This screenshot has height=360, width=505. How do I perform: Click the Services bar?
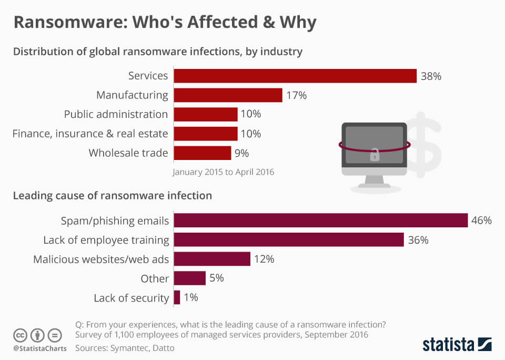[295, 76]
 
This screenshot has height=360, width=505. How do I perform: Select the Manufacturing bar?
[228, 95]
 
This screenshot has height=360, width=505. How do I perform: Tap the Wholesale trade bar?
[202, 153]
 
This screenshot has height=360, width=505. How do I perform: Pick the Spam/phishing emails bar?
[320, 221]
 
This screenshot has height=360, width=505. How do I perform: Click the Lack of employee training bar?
[288, 240]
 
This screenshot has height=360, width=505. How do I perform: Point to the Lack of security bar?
[177, 298]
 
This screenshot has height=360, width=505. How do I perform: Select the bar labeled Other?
[189, 278]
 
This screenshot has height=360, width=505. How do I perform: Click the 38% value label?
[431, 76]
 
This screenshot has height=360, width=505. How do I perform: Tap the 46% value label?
[481, 221]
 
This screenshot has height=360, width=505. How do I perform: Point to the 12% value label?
[264, 259]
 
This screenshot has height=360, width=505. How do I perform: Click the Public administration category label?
[116, 114]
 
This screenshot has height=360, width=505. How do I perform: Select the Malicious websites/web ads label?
[101, 259]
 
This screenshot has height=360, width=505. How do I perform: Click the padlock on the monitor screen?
[375, 154]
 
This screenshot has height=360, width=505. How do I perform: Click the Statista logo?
[457, 345]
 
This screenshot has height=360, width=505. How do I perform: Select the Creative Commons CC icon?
[20, 335]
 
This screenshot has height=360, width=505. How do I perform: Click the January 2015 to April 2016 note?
[224, 172]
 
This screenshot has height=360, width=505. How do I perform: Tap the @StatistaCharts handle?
[39, 348]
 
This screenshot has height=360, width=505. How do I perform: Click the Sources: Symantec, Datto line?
[125, 348]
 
